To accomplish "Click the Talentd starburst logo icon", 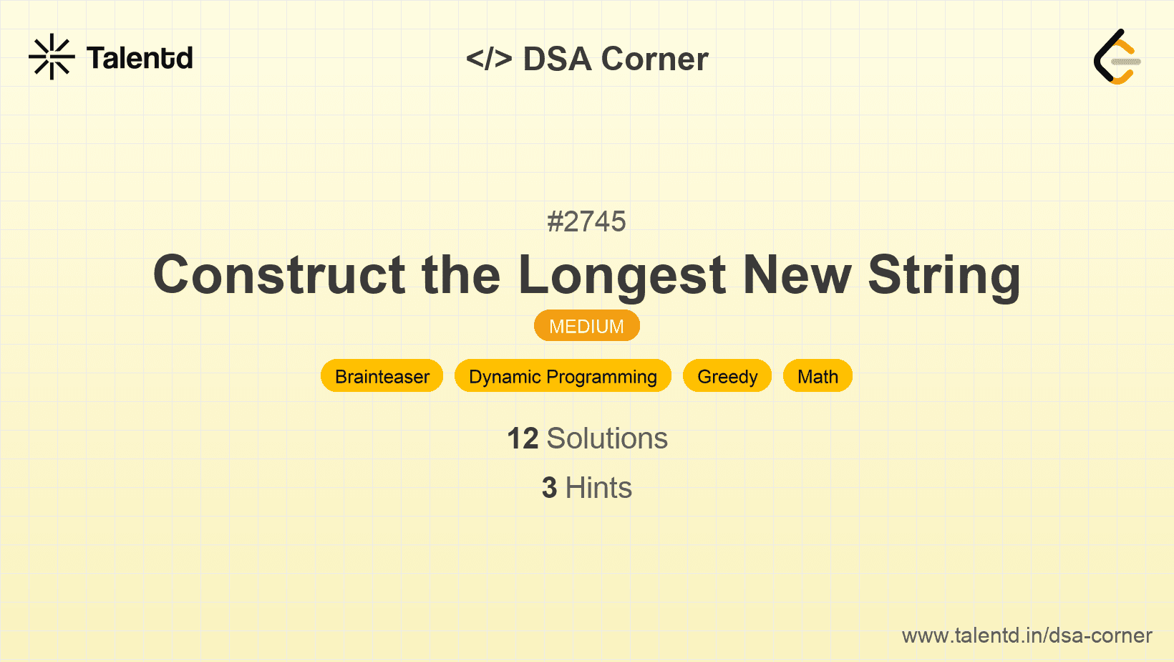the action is [52, 57].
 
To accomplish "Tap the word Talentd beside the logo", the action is [140, 58].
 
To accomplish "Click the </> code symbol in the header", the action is [489, 59].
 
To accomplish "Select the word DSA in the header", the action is [557, 59].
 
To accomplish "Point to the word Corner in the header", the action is [654, 59].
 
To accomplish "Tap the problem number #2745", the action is [586, 221].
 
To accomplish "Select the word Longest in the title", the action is [622, 277].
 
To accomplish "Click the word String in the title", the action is [944, 277].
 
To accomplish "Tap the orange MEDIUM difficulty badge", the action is [587, 326].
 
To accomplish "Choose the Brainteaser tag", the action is [382, 375].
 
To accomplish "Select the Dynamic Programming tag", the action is [563, 375].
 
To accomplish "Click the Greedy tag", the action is [727, 375].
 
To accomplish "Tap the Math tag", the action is [818, 375].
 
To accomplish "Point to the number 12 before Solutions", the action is [523, 438].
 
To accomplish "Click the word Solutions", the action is [608, 438].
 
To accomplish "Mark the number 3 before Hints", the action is [549, 488].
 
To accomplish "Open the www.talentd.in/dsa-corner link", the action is [1027, 635].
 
